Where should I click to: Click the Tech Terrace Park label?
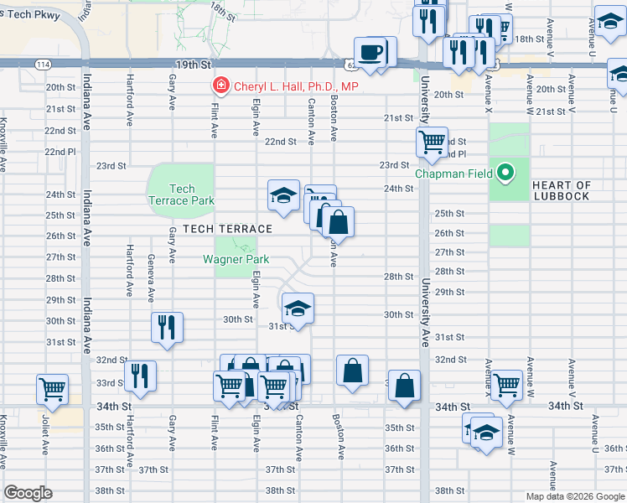(181, 194)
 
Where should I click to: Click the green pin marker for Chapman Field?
(505, 174)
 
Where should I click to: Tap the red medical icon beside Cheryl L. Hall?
(220, 86)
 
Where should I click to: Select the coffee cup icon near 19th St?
(370, 53)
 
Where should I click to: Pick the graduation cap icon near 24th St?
(283, 196)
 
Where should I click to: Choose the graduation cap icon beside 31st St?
(298, 309)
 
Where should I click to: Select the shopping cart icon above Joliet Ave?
(52, 390)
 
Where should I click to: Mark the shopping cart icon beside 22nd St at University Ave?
(432, 143)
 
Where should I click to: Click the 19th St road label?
(192, 64)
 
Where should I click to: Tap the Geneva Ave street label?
(151, 277)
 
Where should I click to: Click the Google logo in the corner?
(28, 493)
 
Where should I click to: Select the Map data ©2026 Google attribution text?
(574, 496)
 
